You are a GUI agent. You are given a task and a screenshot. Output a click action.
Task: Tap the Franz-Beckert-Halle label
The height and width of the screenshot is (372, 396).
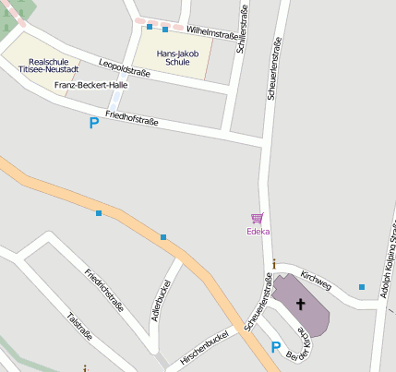click(90, 85)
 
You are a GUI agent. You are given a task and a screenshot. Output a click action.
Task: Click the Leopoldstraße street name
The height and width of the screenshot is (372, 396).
click(124, 67)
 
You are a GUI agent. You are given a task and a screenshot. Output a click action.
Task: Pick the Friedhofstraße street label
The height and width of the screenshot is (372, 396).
click(132, 118)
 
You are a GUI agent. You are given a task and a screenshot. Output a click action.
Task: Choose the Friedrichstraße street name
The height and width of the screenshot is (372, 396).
click(103, 291)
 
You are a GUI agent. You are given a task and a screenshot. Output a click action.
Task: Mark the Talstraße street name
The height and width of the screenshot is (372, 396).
click(80, 328)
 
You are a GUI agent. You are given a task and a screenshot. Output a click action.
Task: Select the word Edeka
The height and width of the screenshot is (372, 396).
click(258, 232)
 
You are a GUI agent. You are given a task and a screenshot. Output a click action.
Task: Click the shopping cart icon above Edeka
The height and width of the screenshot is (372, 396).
click(258, 219)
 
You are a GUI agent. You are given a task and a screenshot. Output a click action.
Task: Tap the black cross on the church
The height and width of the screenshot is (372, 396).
click(301, 303)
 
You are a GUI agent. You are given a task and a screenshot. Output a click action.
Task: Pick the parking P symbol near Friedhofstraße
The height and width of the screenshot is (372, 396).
click(93, 123)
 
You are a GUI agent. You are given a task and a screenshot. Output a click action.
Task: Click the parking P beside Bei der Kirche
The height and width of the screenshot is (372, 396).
click(275, 347)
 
